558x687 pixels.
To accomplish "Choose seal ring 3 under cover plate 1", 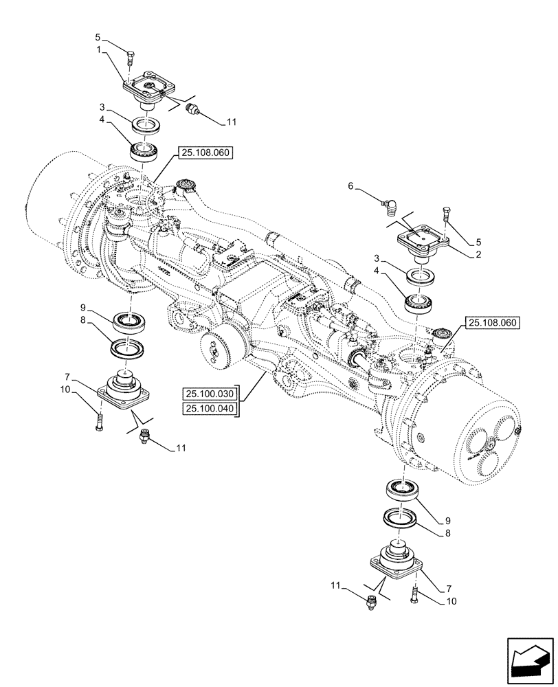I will click(x=146, y=125).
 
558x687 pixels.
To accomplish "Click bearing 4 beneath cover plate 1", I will click(x=144, y=148).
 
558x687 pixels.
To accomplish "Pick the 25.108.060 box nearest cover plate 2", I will click(x=493, y=322).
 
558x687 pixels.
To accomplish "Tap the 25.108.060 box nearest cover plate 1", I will click(x=205, y=153).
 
